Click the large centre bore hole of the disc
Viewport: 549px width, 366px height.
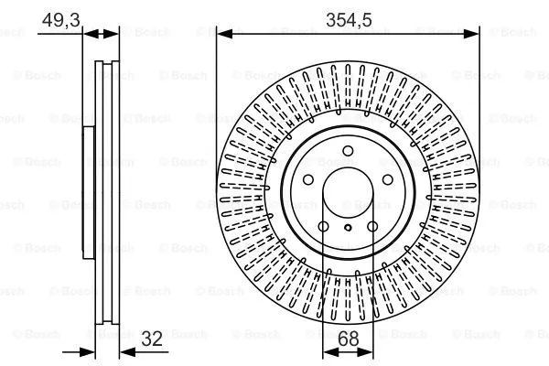348,195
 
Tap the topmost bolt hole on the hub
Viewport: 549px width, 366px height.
348,152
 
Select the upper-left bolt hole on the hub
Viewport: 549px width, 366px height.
307,181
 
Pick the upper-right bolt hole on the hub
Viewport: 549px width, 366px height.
388,181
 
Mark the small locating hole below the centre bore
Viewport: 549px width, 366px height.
348,227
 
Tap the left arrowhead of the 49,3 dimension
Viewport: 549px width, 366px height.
89,34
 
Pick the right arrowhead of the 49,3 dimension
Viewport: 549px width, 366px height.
114,34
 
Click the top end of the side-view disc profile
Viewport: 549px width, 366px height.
108,63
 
